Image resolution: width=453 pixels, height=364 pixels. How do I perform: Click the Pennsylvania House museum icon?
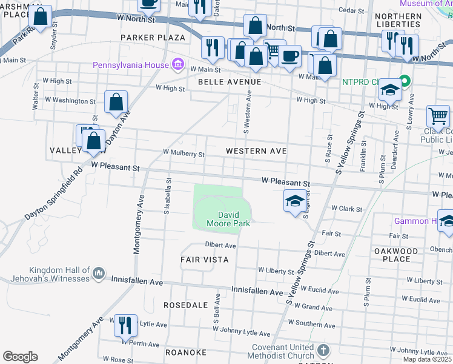click(177, 64)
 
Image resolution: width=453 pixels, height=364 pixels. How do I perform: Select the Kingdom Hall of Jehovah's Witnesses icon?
click(99, 274)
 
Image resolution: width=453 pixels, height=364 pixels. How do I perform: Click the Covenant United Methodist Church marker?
click(324, 350)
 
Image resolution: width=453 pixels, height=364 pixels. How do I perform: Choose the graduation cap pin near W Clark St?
click(294, 201)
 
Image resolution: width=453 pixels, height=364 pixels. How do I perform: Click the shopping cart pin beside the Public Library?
click(438, 115)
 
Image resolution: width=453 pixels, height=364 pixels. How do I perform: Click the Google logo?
click(20, 356)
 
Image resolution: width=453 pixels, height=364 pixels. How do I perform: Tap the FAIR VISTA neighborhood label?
click(204, 260)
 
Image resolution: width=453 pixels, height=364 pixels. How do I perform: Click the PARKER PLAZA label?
click(152, 38)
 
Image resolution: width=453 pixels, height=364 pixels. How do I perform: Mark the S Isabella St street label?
click(165, 200)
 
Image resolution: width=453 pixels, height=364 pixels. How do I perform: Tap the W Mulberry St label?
click(184, 154)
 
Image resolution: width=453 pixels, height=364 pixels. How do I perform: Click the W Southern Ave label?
click(311, 325)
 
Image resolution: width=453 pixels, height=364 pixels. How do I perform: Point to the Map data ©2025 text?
click(426, 359)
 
